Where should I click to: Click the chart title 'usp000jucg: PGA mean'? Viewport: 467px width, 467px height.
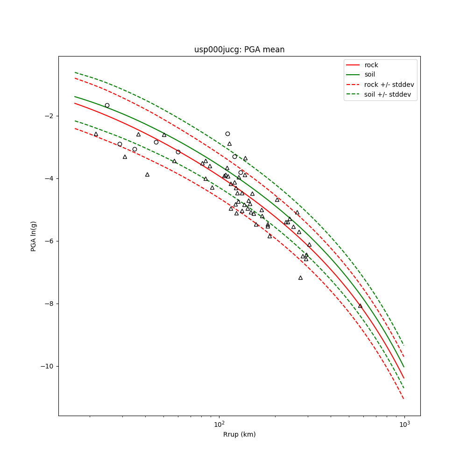239,50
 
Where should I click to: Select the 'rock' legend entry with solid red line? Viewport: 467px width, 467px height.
371,65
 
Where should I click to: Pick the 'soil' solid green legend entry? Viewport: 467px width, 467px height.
370,74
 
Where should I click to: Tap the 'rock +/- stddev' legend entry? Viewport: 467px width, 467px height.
389,85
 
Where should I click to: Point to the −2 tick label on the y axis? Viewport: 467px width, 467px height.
48,116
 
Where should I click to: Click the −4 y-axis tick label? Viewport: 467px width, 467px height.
48,178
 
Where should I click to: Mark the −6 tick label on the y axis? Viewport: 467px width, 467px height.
48,241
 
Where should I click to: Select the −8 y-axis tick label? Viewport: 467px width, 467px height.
48,304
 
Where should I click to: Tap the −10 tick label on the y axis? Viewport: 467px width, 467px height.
46,366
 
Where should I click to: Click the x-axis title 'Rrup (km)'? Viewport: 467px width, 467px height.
239,434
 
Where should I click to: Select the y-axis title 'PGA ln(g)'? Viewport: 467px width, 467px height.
34,236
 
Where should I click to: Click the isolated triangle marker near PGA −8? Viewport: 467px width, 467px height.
360,306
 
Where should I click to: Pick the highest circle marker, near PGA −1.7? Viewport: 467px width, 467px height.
107,106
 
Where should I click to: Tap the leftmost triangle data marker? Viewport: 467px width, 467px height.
96,134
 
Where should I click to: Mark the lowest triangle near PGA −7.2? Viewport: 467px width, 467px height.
300,277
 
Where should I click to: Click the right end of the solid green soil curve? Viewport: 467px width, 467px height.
404,367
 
